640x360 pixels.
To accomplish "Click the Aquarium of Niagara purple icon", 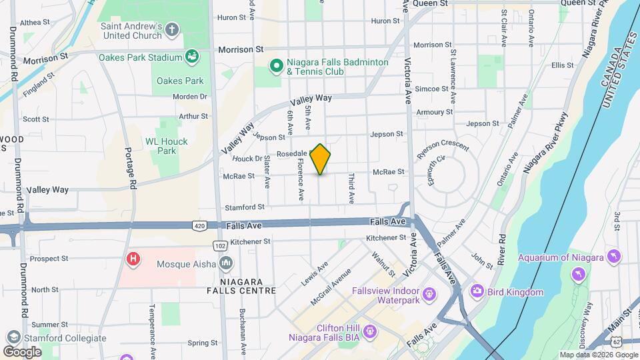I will (x=614, y=257).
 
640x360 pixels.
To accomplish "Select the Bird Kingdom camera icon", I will (x=477, y=291).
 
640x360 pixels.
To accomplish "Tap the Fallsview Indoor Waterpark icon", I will (x=429, y=293).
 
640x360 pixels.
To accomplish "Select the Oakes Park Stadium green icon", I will (x=193, y=57).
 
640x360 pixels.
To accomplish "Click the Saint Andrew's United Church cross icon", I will (x=172, y=29).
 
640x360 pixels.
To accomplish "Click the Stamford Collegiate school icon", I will (x=12, y=337).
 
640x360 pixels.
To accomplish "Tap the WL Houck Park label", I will (x=167, y=146).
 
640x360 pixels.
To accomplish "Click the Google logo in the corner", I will (x=22, y=351).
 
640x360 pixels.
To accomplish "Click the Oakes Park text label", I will (x=179, y=81).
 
